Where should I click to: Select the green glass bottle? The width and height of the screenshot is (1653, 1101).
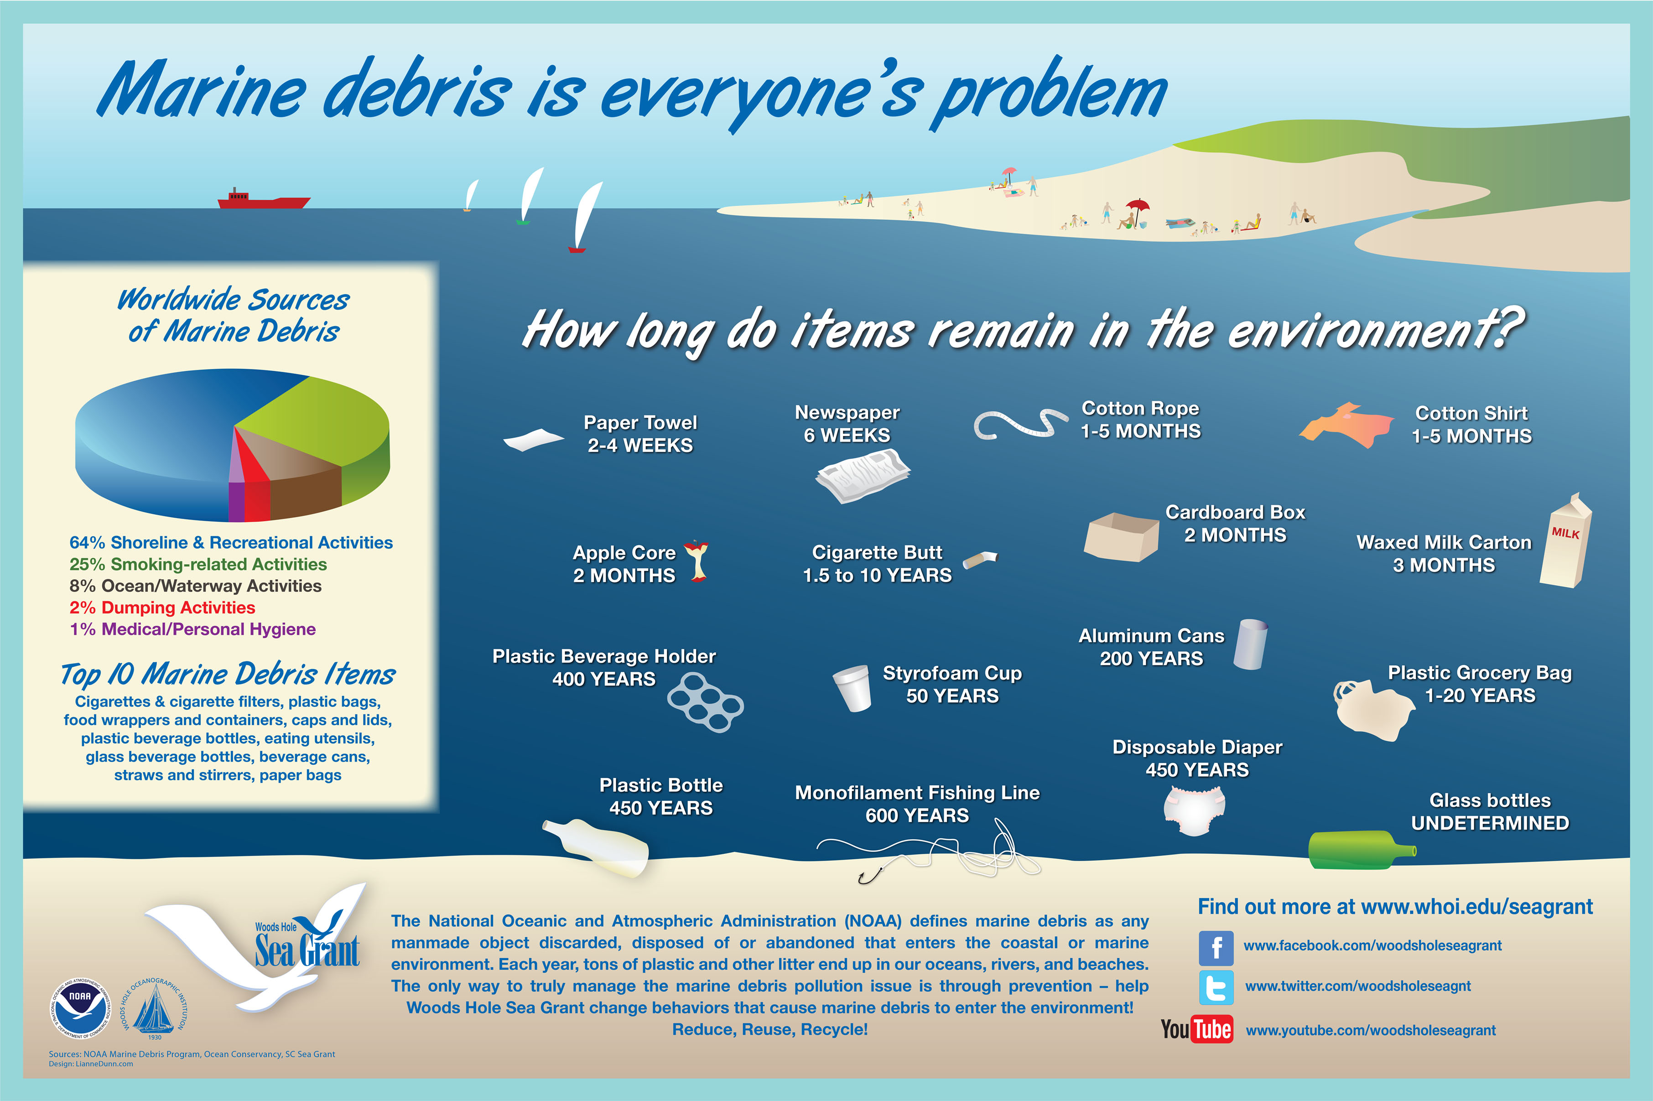point(1362,850)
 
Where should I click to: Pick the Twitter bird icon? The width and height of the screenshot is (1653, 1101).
point(1216,987)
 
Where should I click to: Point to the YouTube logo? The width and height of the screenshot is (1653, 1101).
point(1196,1029)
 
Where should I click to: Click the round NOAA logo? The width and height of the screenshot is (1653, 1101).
point(79,1008)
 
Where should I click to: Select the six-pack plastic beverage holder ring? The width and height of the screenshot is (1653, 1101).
point(705,702)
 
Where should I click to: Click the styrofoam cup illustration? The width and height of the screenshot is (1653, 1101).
point(852,688)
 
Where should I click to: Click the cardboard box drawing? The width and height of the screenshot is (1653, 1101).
point(1121,537)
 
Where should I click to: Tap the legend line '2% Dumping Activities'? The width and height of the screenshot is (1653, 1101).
point(162,608)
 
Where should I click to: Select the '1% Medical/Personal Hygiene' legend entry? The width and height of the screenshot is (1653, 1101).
point(192,629)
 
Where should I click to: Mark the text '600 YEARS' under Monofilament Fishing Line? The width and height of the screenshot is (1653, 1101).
point(917,815)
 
